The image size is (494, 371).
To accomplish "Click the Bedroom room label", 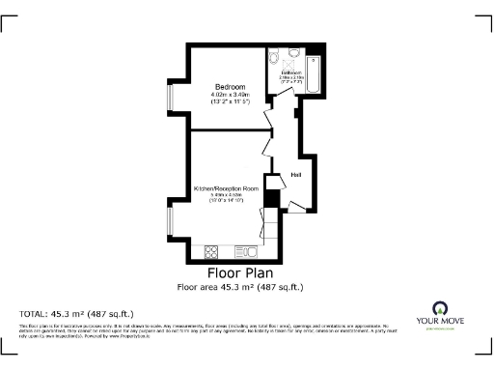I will (228, 87).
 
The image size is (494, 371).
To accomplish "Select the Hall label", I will (297, 174).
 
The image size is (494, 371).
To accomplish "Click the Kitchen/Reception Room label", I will (227, 187).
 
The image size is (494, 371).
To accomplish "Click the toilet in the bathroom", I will (276, 55).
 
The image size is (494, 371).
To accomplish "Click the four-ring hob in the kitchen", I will (212, 252).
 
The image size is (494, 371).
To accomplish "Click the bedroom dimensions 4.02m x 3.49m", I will (228, 94).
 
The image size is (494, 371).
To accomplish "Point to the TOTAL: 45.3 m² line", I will (77, 314).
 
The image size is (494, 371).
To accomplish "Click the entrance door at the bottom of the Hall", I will (295, 206).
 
